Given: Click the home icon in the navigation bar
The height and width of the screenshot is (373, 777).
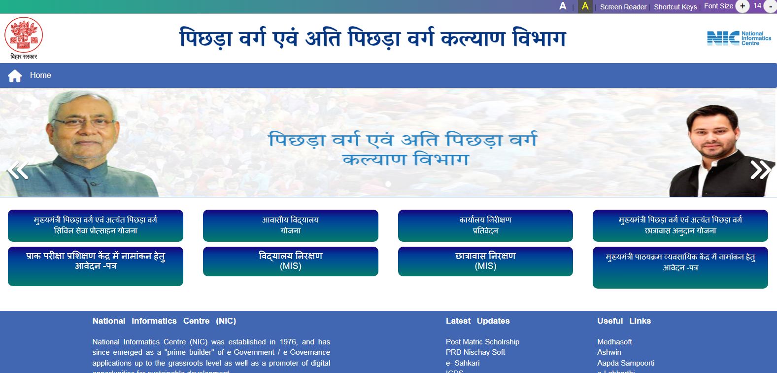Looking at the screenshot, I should pos(15,75).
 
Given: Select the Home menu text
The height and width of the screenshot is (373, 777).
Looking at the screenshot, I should pos(40,75).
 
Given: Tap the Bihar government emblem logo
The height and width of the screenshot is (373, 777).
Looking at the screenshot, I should pos(24,35).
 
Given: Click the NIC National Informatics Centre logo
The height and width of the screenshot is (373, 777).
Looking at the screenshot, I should pos(739,38).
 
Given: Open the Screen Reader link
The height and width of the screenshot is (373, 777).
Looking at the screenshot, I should pos(623,7).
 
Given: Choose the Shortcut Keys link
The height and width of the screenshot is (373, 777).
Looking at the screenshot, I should pos(675,7).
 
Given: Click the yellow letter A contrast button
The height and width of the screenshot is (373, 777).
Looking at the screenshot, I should pos(585,6).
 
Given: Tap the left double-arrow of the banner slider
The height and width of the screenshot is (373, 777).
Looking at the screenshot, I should pos(17,170).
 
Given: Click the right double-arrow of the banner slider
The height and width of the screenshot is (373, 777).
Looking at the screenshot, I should pos(760,170).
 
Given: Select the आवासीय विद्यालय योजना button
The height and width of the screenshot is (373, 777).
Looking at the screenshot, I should pos(290,225).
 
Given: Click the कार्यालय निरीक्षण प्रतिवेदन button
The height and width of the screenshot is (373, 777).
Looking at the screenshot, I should pos(485,225).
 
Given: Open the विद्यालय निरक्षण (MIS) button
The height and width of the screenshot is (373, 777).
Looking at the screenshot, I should pos(290,261).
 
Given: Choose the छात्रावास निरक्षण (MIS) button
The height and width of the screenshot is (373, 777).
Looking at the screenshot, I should pos(485,261).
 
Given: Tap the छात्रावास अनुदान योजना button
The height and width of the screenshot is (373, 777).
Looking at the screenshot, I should pos(680,225).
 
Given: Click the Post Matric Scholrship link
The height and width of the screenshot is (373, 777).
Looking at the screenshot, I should pos(482,342).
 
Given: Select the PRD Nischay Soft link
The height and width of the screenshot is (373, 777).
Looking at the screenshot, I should pos(475,352).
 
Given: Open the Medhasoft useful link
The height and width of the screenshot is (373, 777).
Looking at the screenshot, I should pos(614,342).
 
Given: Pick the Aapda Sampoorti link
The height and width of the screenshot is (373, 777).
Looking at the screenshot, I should pos(626,363).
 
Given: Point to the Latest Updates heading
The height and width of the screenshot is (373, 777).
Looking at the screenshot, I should pos(477,321).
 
